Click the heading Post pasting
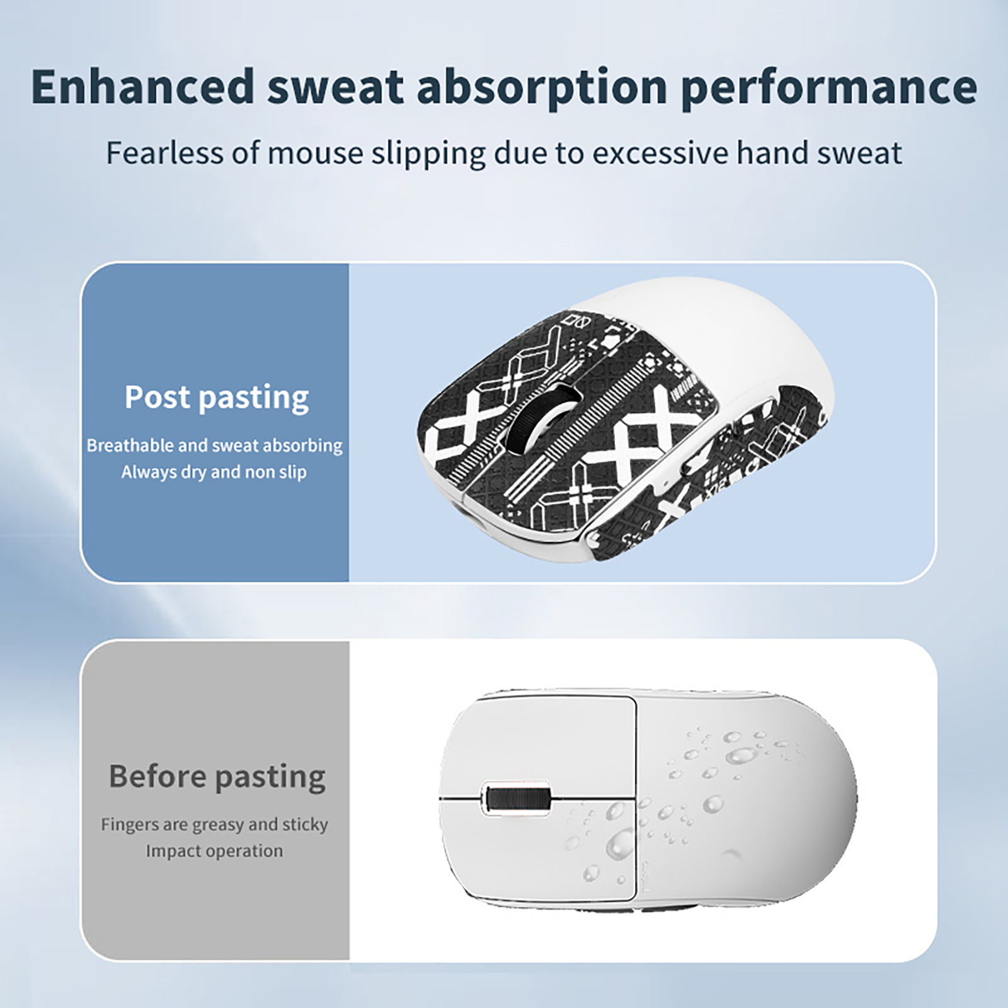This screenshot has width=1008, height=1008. tap(217, 398)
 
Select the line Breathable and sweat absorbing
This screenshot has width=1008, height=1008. tap(215, 445)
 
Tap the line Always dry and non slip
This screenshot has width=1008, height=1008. tap(214, 472)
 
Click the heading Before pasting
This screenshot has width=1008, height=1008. tap(217, 777)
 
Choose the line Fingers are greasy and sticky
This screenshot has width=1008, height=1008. tap(215, 825)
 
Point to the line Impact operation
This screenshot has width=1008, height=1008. tap(215, 851)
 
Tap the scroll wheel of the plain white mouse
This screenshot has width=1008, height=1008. tap(517, 799)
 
